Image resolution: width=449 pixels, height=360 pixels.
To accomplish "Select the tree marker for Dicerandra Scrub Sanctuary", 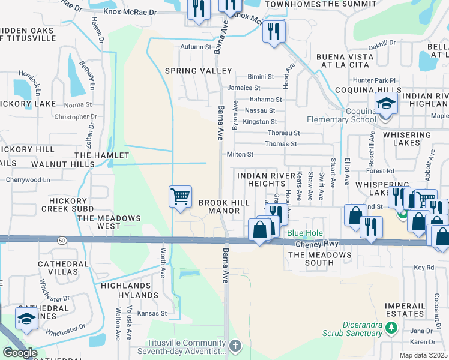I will tap(391, 328).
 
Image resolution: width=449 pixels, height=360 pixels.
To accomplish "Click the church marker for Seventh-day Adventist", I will tap(235, 346).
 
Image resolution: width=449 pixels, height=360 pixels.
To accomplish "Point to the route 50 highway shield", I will tap(62, 240).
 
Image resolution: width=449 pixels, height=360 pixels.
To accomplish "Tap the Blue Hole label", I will tap(305, 233).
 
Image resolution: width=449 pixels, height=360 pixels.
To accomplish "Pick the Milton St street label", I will tap(240, 154).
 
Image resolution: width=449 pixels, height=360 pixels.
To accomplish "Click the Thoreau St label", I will tap(283, 133).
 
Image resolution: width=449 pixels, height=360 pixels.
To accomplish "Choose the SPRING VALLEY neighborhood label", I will tap(190, 71).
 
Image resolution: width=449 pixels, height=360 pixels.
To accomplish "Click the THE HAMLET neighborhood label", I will tap(93, 155).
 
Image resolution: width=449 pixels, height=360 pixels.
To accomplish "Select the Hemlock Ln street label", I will tap(29, 83).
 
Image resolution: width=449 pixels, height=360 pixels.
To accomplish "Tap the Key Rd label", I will tap(423, 267).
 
